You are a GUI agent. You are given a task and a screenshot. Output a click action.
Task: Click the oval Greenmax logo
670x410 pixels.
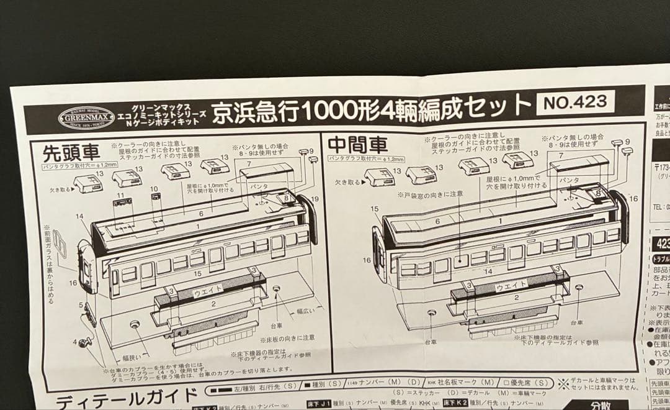(x=86, y=116)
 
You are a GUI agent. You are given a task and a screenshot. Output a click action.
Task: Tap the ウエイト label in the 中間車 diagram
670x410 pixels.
(x=505, y=285)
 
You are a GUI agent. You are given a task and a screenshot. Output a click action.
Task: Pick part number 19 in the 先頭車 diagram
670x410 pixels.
(x=315, y=199)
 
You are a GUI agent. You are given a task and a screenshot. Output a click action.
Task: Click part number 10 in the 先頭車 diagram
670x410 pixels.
(x=154, y=189)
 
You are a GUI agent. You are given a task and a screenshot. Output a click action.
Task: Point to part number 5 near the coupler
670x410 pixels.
(x=81, y=305)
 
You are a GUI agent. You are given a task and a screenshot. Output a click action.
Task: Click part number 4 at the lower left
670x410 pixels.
(x=75, y=342)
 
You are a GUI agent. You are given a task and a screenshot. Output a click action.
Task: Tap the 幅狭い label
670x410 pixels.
(x=132, y=357)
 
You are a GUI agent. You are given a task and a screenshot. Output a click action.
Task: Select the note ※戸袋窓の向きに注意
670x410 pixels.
(x=431, y=194)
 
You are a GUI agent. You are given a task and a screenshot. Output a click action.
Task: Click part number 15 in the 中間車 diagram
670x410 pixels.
(x=374, y=210)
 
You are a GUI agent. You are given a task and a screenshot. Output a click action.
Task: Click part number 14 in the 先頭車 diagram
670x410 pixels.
(x=79, y=216)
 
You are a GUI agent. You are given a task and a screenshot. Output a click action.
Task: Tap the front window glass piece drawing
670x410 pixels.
(x=61, y=242)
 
